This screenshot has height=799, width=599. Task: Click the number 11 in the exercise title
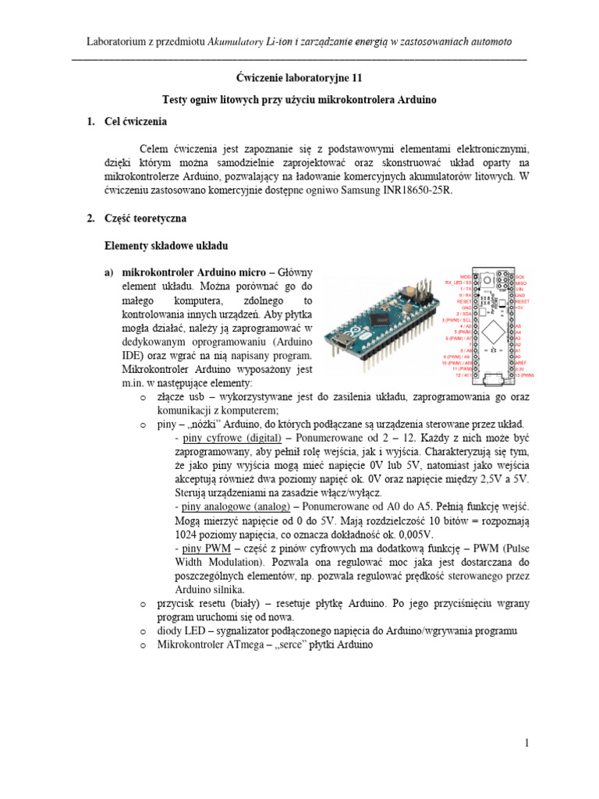click(356, 78)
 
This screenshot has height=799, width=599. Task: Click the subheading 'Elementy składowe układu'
click(165, 246)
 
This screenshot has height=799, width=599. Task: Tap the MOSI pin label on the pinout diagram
click(465, 276)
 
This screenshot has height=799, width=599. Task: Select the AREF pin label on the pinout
click(523, 363)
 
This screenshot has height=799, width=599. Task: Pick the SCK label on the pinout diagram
click(520, 276)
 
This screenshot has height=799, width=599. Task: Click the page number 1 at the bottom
click(526, 744)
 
